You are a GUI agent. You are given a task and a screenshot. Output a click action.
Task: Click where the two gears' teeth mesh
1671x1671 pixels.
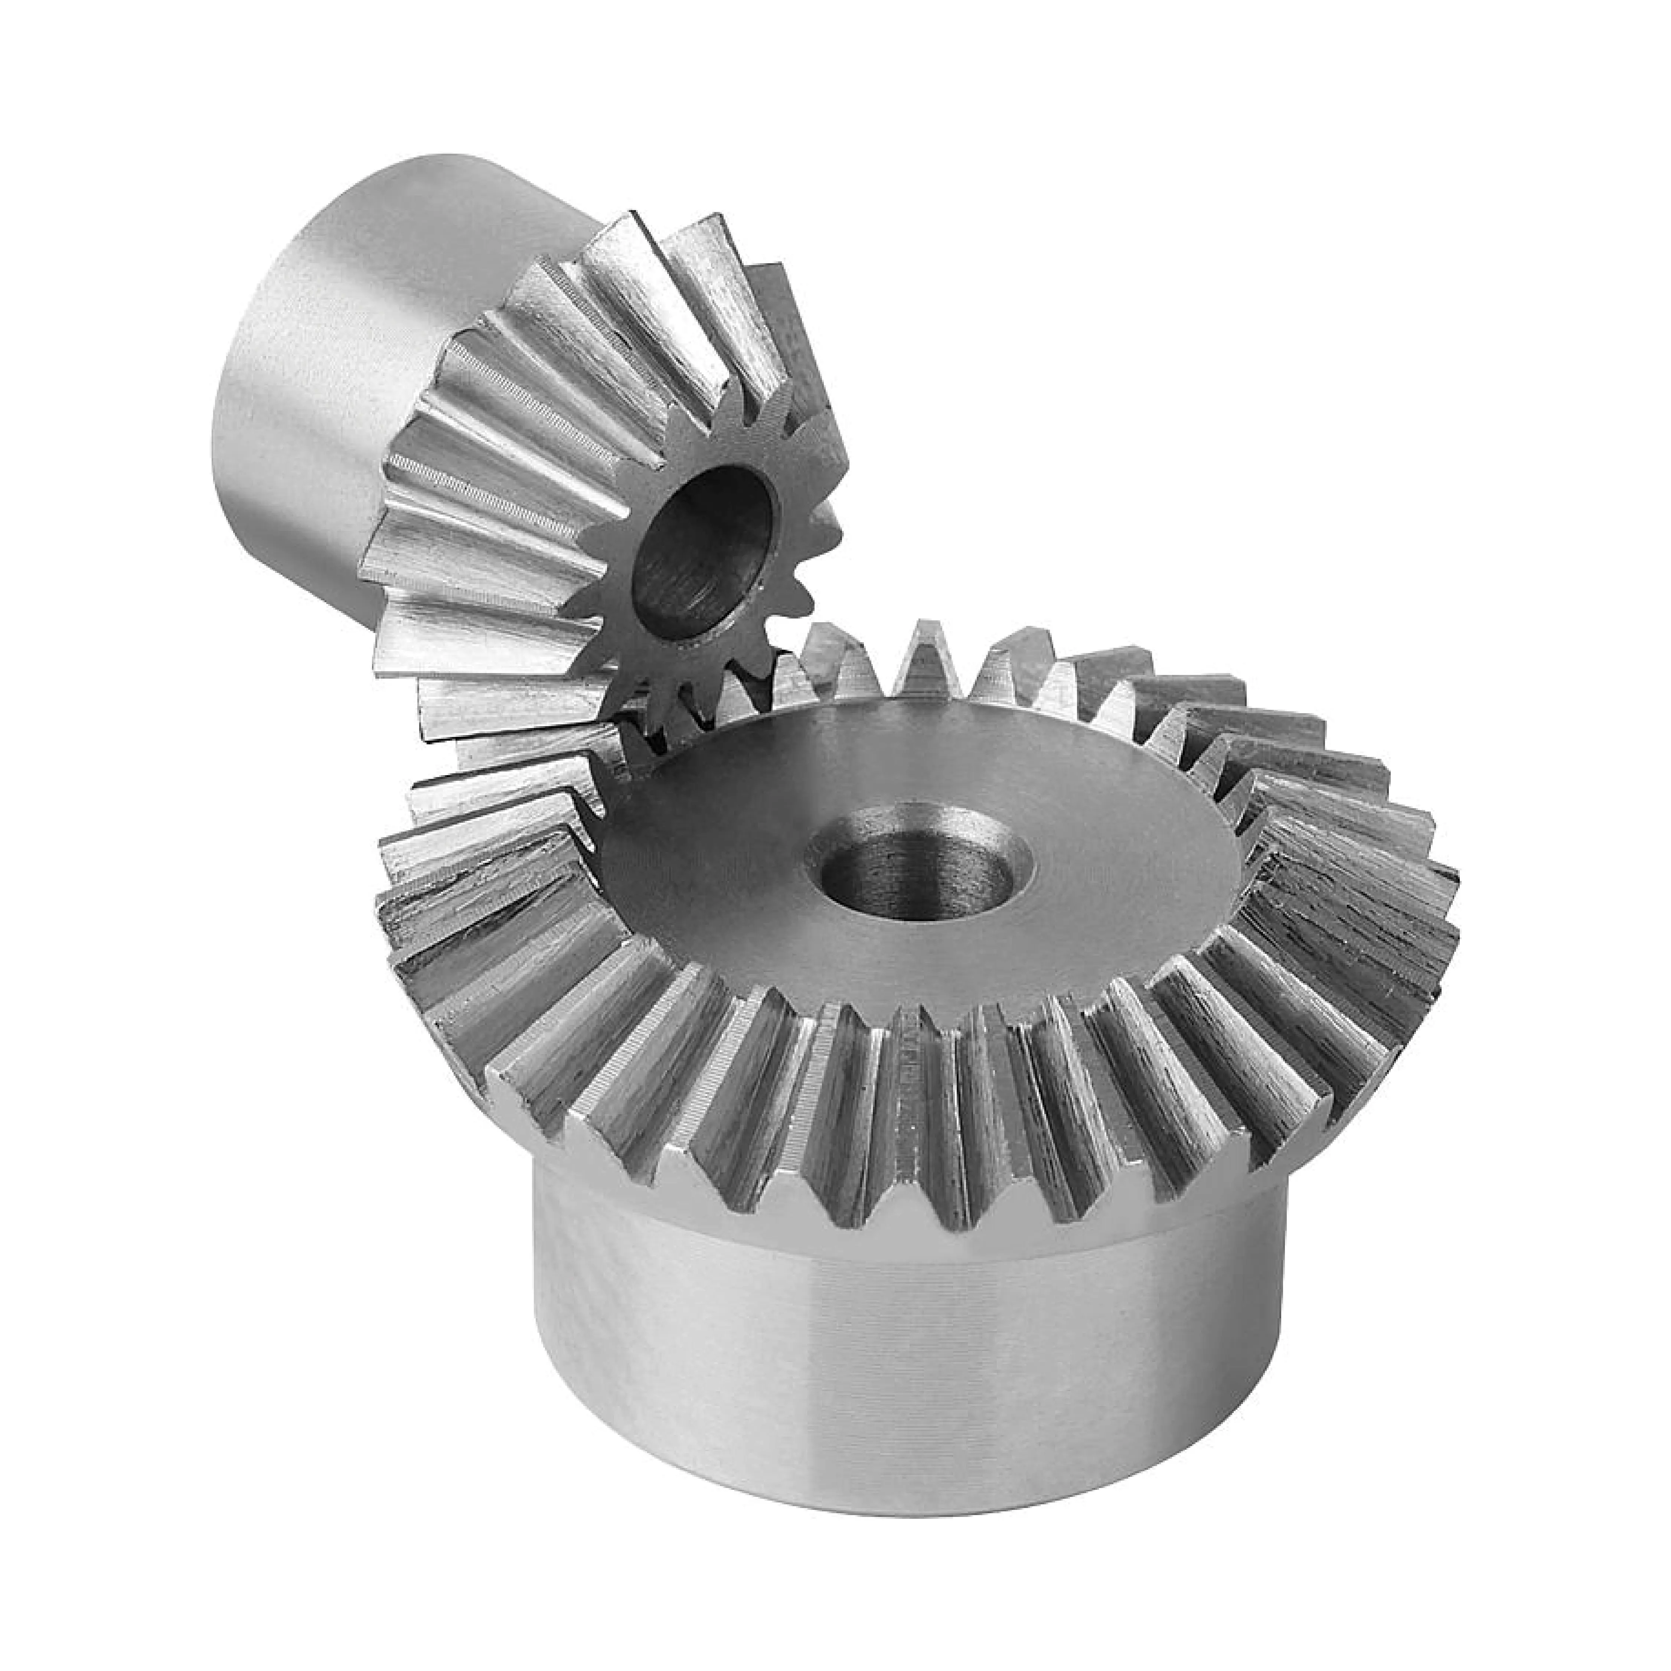(640, 718)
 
